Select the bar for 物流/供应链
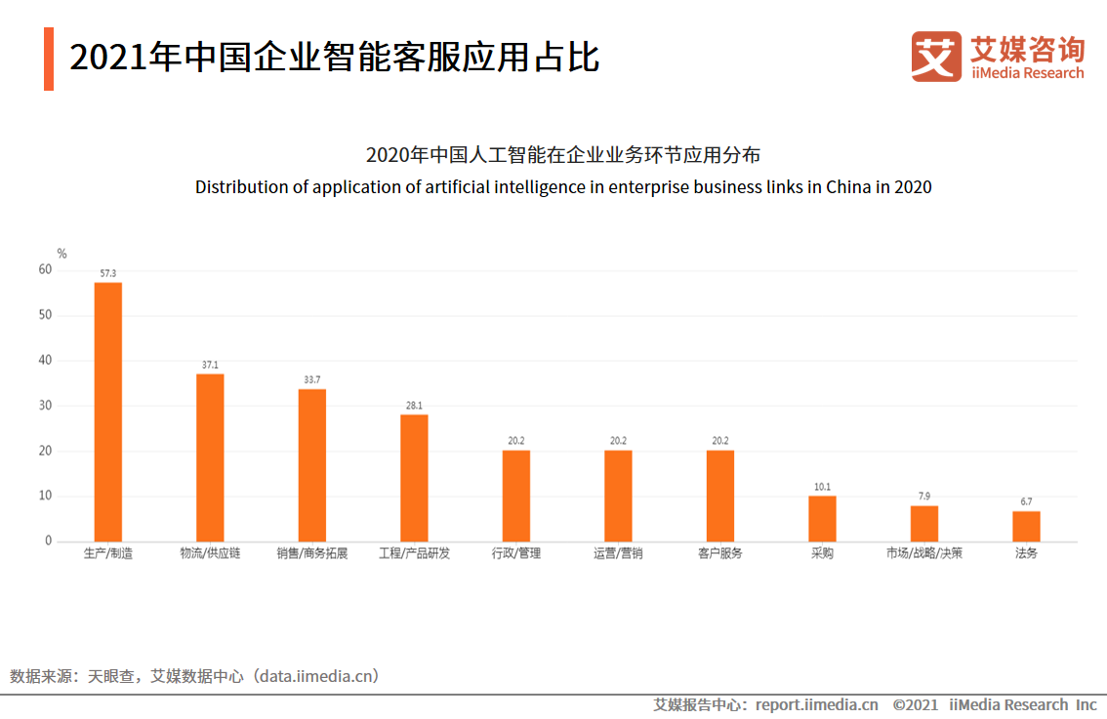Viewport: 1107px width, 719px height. click(210, 458)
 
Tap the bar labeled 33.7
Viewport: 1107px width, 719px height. click(312, 465)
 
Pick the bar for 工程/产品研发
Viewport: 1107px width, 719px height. click(414, 478)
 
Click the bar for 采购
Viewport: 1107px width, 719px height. click(822, 518)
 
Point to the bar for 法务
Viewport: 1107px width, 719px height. click(1026, 526)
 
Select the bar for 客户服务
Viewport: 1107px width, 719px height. click(720, 496)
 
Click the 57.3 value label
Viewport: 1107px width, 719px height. click(108, 273)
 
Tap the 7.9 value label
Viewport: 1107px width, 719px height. click(923, 497)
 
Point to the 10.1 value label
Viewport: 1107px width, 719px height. click(822, 487)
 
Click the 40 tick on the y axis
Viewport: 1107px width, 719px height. click(46, 361)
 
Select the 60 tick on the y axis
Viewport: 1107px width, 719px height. click(46, 270)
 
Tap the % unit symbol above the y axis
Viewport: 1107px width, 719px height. click(62, 254)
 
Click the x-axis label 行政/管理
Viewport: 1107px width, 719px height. click(516, 554)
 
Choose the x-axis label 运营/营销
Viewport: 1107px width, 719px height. click(618, 554)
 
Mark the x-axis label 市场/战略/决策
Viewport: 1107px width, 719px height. click(923, 554)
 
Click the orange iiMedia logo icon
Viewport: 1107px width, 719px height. click(936, 57)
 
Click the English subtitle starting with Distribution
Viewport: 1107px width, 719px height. click(563, 187)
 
